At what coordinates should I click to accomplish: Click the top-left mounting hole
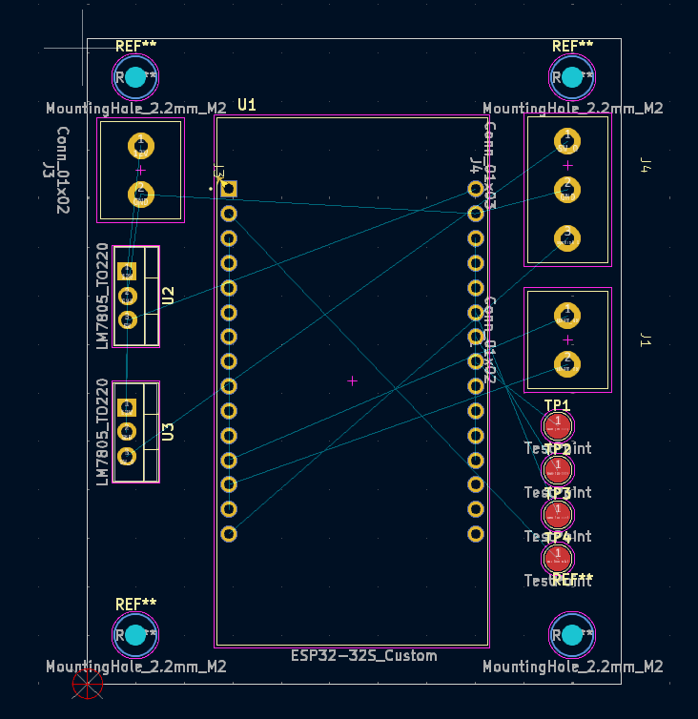(135, 77)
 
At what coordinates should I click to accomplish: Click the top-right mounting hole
(572, 77)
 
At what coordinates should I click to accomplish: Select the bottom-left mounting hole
(135, 634)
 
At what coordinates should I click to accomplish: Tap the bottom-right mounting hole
(572, 634)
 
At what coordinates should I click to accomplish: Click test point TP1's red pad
(558, 424)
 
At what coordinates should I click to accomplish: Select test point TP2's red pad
(558, 469)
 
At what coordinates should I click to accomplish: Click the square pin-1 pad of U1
(229, 189)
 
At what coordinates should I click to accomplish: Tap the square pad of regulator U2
(127, 272)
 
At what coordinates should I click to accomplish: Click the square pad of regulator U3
(127, 407)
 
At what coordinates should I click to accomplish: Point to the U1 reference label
(247, 104)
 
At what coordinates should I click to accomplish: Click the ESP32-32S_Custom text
(364, 655)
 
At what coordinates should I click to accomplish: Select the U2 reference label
(168, 296)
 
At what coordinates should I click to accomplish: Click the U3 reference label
(168, 431)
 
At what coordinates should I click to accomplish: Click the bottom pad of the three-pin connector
(567, 238)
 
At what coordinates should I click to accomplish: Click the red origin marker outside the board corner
(88, 683)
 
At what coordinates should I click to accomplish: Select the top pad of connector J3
(141, 146)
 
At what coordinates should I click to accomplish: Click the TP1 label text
(557, 406)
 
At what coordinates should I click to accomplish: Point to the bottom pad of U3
(127, 457)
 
